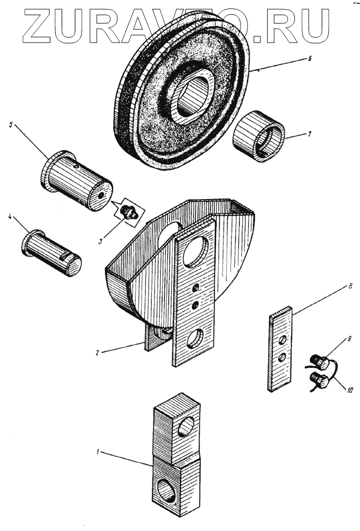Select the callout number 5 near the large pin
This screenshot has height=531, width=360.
(11, 125)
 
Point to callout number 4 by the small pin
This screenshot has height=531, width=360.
(11, 216)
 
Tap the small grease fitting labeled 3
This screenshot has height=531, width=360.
(128, 211)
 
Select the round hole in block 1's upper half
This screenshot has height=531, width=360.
(186, 426)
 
